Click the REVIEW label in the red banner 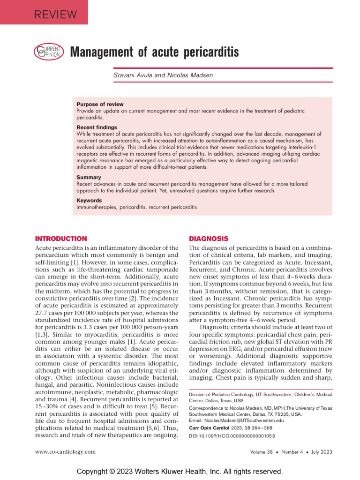(x=55, y=15)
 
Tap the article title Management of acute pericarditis (x=154, y=52)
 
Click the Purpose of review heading (x=100, y=104)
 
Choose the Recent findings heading (x=97, y=127)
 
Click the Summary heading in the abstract (x=89, y=177)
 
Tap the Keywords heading (x=89, y=200)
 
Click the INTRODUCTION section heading (x=61, y=239)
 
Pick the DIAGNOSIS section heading (x=208, y=239)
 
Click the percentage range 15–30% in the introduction (x=49, y=391)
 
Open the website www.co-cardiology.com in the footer (x=66, y=451)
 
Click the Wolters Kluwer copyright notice (x=180, y=471)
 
